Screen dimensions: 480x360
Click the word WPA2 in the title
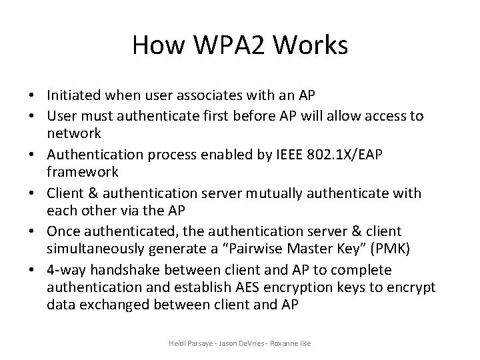[225, 45]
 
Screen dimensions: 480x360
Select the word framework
[83, 172]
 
